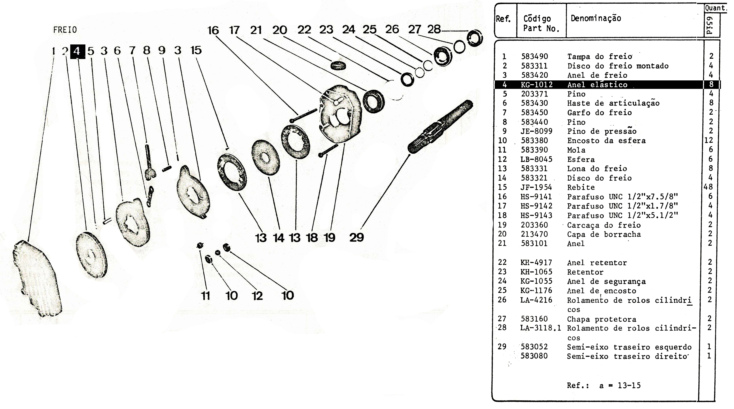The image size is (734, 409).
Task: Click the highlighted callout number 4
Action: click(x=77, y=51)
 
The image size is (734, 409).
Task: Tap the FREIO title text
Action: click(x=65, y=30)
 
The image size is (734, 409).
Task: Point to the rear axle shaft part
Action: click(x=440, y=127)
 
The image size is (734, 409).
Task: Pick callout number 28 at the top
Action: click(x=434, y=29)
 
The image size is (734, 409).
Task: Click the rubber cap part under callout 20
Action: click(x=338, y=65)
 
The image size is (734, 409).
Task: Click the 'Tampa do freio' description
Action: click(x=600, y=56)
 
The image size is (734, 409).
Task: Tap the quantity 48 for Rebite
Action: click(x=708, y=187)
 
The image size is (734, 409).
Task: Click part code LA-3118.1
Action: click(x=541, y=328)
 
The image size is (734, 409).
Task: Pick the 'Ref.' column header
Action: click(x=503, y=19)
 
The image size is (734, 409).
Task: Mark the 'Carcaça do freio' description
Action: click(x=604, y=225)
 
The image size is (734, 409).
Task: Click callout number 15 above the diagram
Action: click(x=196, y=50)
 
